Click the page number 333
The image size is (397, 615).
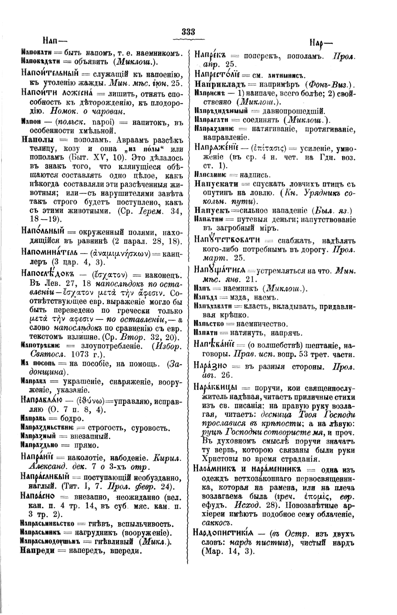(188, 32)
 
